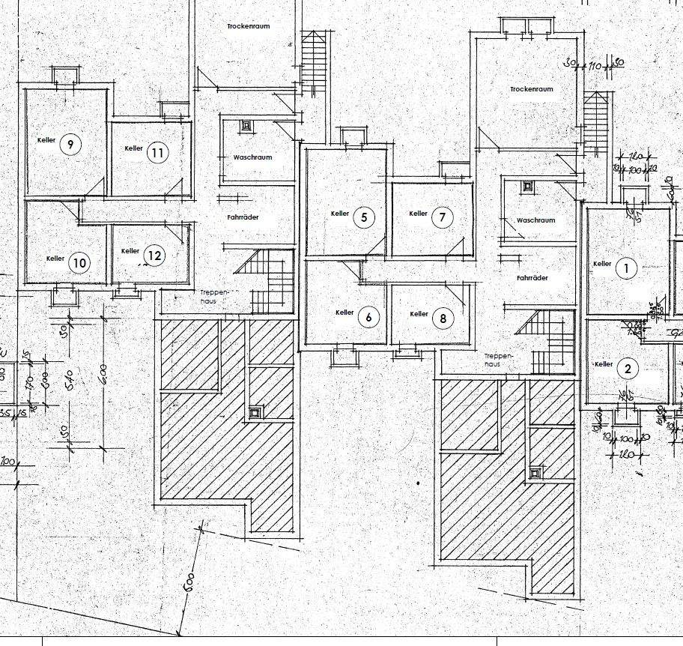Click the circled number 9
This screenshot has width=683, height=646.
70,145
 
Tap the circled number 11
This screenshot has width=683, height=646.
157,153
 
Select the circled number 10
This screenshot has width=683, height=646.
79,263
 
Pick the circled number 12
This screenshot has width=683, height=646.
154,256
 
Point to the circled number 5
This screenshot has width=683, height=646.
364,218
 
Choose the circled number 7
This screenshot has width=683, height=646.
442,218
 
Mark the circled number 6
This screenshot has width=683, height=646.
368,318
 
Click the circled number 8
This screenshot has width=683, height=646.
443,319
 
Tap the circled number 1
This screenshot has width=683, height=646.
626,268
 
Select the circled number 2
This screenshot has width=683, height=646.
628,369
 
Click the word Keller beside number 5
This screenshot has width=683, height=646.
340,214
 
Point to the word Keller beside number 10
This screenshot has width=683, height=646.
55,259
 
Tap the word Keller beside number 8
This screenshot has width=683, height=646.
419,314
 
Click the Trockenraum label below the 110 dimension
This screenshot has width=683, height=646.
531,89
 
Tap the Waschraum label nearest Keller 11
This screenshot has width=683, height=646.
252,157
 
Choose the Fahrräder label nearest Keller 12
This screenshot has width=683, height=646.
243,217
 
